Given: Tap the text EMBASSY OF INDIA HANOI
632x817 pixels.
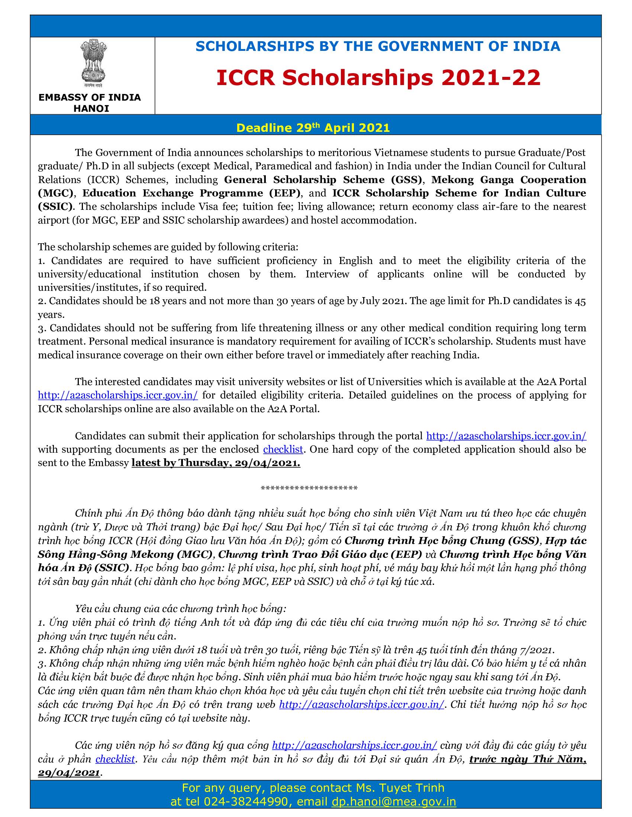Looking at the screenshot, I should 90,103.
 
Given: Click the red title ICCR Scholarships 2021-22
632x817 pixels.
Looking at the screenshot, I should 378,78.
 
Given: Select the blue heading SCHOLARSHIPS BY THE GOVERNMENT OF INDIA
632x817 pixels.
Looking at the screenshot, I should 378,46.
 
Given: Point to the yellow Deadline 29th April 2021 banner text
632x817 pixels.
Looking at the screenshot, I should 313,128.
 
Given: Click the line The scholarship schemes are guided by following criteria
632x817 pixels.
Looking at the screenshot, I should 168,247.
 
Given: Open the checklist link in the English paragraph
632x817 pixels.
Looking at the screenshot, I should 283,449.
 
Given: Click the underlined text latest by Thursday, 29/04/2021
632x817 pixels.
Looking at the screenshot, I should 216,463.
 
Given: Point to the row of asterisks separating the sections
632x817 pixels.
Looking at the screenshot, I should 309,488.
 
